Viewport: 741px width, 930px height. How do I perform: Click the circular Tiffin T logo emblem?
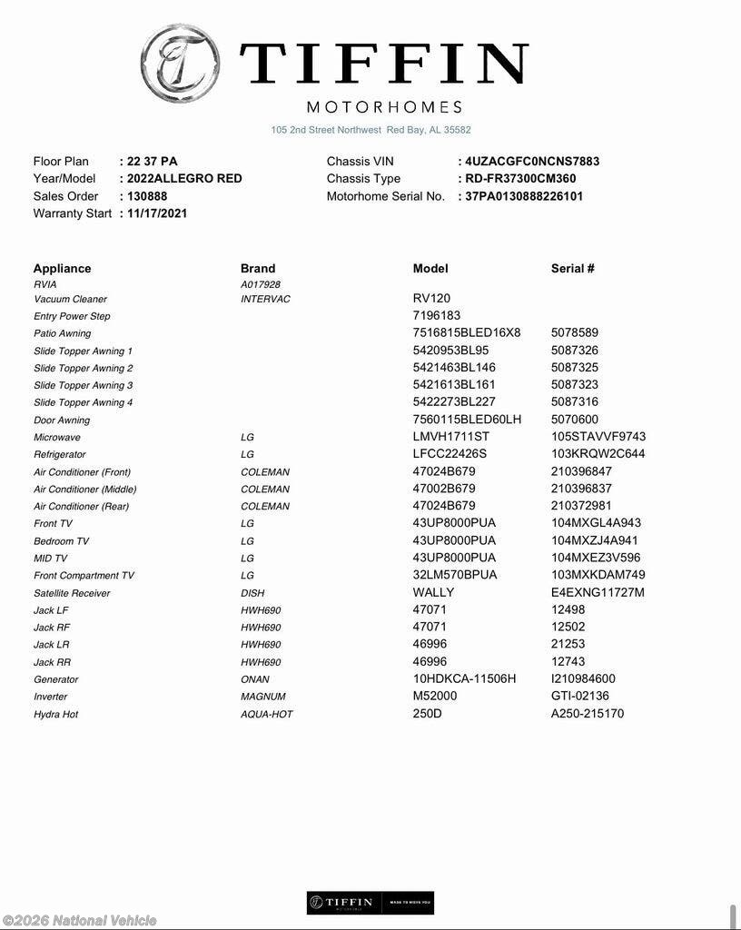point(180,64)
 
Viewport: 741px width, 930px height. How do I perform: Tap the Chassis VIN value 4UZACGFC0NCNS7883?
point(531,162)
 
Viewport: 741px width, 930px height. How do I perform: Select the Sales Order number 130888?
point(146,196)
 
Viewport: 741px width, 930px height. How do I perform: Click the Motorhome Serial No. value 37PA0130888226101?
point(524,196)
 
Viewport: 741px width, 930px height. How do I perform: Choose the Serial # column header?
point(572,269)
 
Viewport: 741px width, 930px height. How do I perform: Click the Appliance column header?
point(62,269)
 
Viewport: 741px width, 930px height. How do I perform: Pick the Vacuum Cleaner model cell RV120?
point(431,298)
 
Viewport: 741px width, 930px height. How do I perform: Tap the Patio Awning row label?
point(62,333)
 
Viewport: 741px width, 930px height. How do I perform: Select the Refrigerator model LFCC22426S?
point(450,454)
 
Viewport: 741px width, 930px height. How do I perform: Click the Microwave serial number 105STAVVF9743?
point(598,437)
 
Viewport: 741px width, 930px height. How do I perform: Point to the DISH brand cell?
point(252,593)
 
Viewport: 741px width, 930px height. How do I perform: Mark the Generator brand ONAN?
point(254,679)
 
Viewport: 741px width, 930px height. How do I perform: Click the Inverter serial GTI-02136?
point(579,697)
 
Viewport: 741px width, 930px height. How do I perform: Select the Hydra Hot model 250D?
point(428,714)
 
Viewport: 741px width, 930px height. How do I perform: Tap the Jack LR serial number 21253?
point(568,645)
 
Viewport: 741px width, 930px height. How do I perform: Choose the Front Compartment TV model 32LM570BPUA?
point(455,575)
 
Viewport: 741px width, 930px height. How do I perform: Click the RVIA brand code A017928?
point(261,284)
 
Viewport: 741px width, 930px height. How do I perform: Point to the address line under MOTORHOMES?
point(370,130)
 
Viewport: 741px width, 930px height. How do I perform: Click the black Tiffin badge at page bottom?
point(370,902)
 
